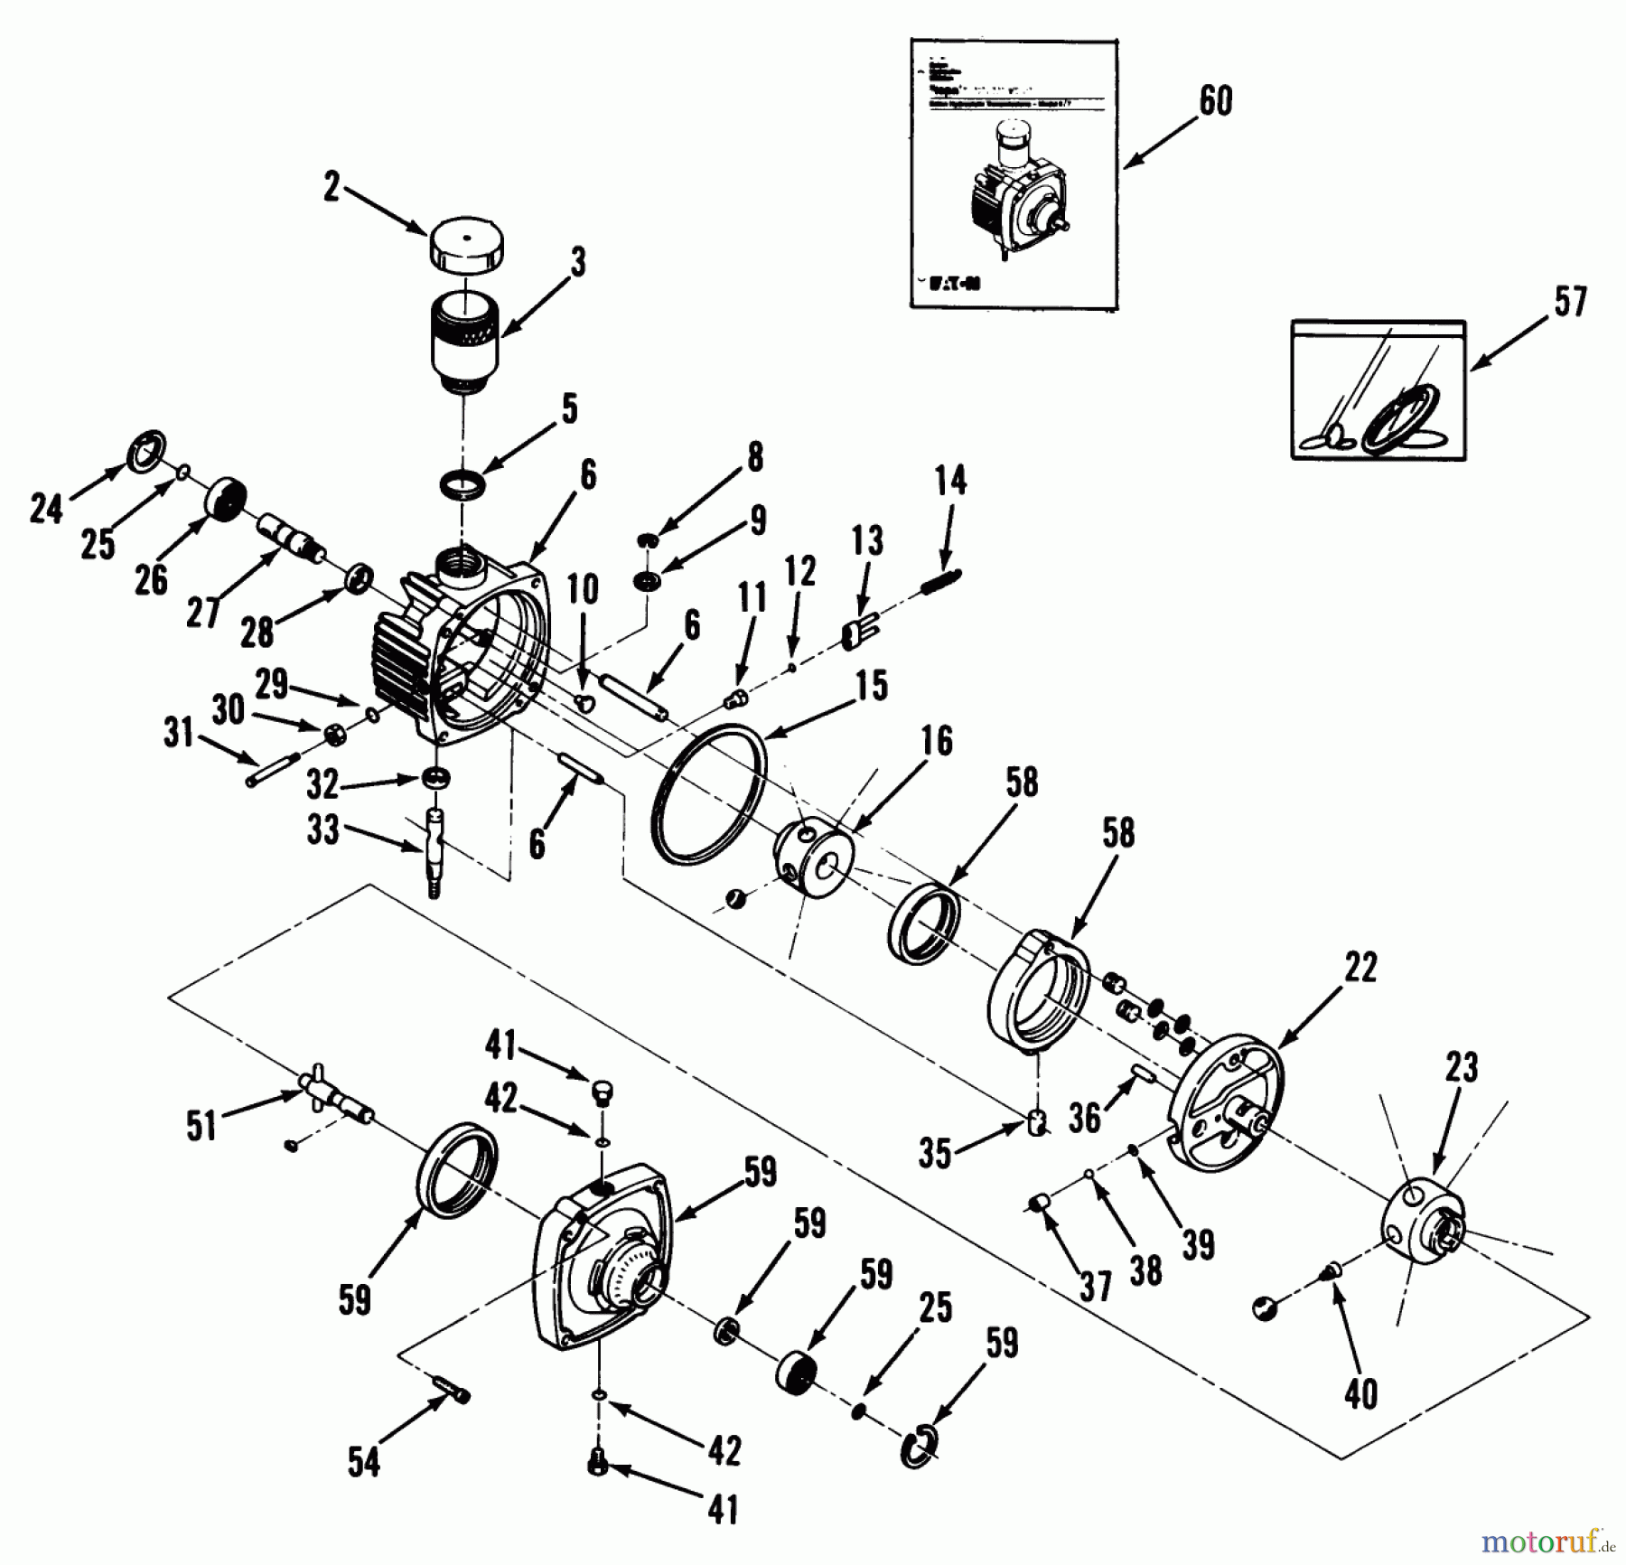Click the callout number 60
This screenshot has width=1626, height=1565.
(x=1215, y=100)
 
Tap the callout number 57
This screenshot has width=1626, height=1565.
(x=1570, y=301)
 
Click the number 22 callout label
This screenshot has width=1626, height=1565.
(x=1360, y=968)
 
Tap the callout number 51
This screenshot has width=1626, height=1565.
(x=201, y=1127)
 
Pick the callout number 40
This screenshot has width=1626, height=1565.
(x=1360, y=1394)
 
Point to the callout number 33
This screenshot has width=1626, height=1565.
(x=322, y=829)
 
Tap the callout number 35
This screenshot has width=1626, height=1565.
(x=935, y=1154)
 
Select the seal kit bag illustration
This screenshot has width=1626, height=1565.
(x=1378, y=389)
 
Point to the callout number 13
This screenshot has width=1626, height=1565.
(x=867, y=541)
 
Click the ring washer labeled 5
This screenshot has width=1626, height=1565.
(x=463, y=485)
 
